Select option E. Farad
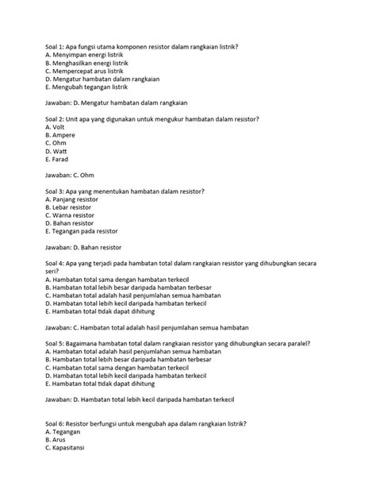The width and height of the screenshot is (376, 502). point(59,159)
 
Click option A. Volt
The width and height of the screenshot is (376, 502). point(56,127)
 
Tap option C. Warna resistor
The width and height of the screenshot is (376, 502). point(71,214)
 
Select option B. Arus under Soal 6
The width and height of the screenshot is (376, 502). point(58,439)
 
